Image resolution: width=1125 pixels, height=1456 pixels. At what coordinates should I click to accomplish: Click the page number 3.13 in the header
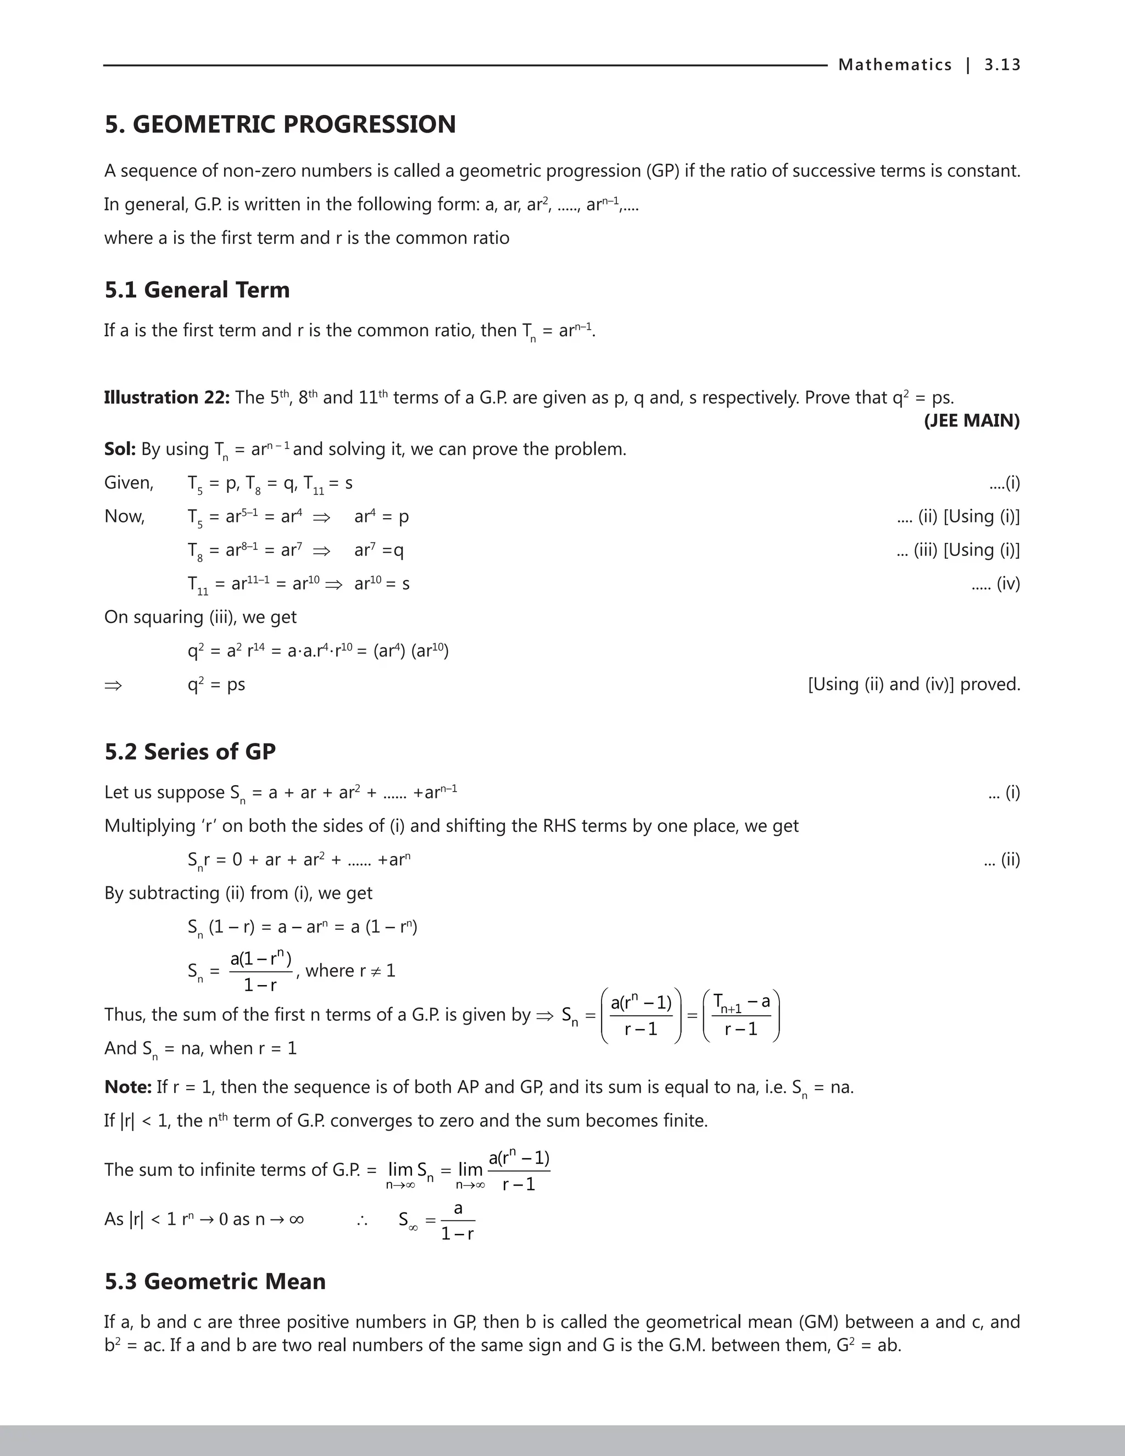pyautogui.click(x=1002, y=65)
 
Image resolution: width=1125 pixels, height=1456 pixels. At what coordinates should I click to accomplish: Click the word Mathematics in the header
pyautogui.click(x=894, y=65)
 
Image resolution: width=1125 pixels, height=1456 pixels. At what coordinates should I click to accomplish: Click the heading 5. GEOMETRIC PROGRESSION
pyautogui.click(x=280, y=125)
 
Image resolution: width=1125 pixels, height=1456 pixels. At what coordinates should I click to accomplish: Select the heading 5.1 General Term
pyautogui.click(x=197, y=290)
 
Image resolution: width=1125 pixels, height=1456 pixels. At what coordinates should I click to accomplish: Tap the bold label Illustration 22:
pyautogui.click(x=166, y=398)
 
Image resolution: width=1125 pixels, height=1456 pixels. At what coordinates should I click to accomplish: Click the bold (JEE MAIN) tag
pyautogui.click(x=971, y=421)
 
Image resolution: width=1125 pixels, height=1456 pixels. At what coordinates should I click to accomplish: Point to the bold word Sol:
pyautogui.click(x=120, y=449)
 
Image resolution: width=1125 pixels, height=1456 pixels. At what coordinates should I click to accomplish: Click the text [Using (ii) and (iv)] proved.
pyautogui.click(x=914, y=684)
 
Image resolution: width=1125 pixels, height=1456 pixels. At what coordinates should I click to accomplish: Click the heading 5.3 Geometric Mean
pyautogui.click(x=215, y=1281)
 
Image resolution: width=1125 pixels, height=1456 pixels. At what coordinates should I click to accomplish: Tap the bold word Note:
pyautogui.click(x=128, y=1087)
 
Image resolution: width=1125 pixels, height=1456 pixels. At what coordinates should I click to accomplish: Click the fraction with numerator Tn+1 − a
pyautogui.click(x=741, y=1016)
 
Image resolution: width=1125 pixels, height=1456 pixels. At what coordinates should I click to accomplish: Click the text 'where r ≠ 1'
pyautogui.click(x=350, y=971)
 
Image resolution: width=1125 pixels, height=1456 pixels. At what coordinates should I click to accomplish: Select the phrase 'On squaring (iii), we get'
pyautogui.click(x=200, y=618)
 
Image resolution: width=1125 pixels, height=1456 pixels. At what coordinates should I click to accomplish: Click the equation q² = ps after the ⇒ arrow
pyautogui.click(x=216, y=685)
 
